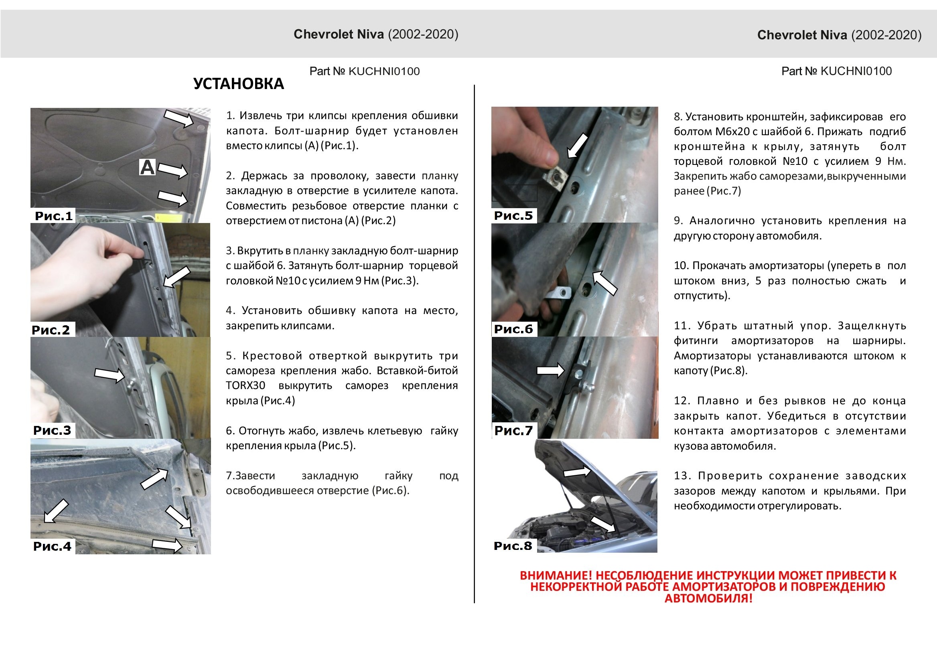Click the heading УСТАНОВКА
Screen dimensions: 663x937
click(238, 84)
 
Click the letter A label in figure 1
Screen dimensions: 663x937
click(147, 167)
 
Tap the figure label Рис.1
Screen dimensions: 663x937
click(53, 215)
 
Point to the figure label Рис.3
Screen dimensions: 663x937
click(52, 430)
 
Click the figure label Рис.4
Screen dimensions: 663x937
click(52, 546)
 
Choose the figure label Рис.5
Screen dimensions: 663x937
click(513, 215)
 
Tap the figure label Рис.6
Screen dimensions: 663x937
click(513, 329)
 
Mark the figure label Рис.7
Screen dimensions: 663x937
click(513, 430)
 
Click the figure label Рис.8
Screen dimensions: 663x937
click(513, 545)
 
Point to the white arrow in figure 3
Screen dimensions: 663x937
click(110, 374)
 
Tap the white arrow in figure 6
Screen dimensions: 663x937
click(604, 282)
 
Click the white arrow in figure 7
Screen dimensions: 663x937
click(550, 370)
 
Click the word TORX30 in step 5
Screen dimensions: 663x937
click(245, 385)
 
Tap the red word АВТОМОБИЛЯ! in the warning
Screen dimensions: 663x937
click(708, 598)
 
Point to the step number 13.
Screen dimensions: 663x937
click(681, 476)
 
